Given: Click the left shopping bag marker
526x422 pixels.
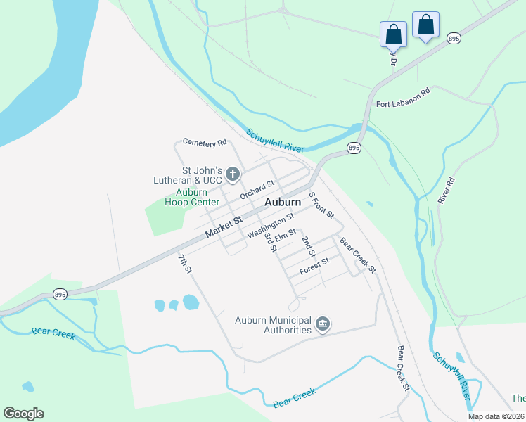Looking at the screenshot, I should point(394,34).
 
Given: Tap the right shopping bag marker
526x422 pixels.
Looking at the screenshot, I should point(425,25).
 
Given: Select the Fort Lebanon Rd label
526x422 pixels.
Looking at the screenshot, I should point(402,98).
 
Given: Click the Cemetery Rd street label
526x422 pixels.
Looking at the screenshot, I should point(205,142).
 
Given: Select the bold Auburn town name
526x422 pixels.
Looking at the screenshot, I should point(283,202).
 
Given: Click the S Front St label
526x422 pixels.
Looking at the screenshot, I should point(321,205).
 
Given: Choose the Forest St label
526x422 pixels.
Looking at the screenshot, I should point(314,266).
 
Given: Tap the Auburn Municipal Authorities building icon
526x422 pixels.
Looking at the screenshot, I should point(323,324).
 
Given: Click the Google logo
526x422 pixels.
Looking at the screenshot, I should point(23,414).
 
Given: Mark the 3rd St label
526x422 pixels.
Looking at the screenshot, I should point(269,243).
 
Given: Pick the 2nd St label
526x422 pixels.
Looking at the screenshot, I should point(309,246).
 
